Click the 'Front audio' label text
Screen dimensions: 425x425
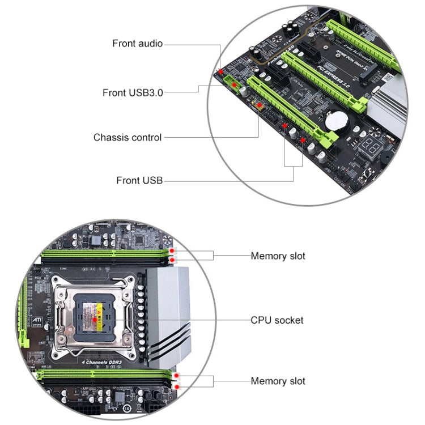137,44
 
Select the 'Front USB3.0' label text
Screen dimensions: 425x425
133,92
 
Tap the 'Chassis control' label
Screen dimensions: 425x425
127,137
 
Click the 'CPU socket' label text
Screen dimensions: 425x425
277,320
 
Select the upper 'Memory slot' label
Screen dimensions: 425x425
278,256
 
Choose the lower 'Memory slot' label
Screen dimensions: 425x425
278,381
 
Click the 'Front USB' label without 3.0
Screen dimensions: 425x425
139,181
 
